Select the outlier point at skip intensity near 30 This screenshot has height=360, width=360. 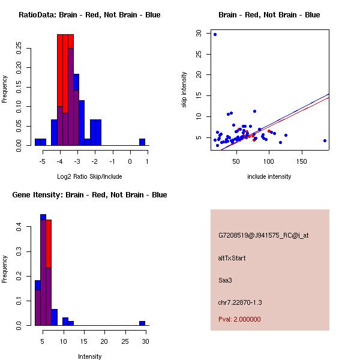pyautogui.click(x=215, y=34)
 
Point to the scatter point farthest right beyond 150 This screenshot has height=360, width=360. pyautogui.click(x=325, y=140)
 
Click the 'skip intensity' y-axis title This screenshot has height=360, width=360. pyautogui.click(x=184, y=90)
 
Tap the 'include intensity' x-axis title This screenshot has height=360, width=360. pyautogui.click(x=269, y=176)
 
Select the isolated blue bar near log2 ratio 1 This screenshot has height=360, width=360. pyautogui.click(x=142, y=142)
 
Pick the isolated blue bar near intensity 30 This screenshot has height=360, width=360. pyautogui.click(x=142, y=323)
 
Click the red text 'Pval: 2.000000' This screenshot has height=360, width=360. pyautogui.click(x=239, y=319)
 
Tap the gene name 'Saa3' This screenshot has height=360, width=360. pyautogui.click(x=225, y=280)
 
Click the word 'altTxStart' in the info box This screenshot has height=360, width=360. pyautogui.click(x=232, y=258)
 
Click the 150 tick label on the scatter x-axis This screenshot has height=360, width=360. pyautogui.click(x=302, y=161)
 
